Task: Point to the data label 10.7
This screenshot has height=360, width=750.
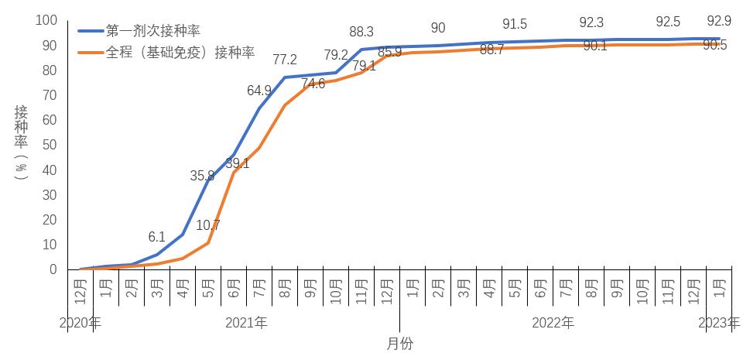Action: [x=208, y=226]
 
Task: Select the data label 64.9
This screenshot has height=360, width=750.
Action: [x=259, y=91]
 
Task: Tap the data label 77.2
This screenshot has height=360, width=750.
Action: [x=285, y=59]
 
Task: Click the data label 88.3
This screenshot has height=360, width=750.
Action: [x=361, y=33]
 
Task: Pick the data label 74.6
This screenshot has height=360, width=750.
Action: [x=313, y=84]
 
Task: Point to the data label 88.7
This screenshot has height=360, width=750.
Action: [x=492, y=50]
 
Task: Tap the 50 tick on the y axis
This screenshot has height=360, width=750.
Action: [x=49, y=145]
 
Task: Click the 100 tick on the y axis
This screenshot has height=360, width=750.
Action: [x=46, y=20]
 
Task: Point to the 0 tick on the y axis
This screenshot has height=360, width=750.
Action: [x=53, y=269]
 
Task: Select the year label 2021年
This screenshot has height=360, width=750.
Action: [x=246, y=322]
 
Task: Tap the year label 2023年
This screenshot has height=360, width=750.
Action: [x=719, y=322]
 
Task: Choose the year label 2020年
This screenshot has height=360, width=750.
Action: [x=80, y=322]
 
